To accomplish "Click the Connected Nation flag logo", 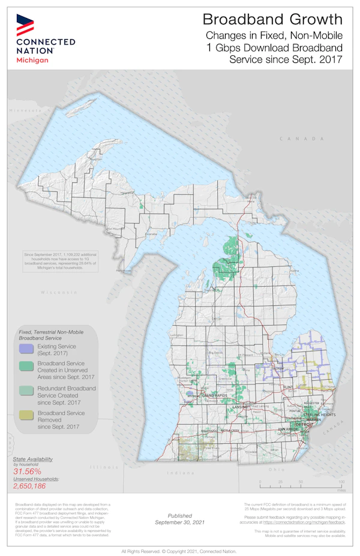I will [x=25, y=25].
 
